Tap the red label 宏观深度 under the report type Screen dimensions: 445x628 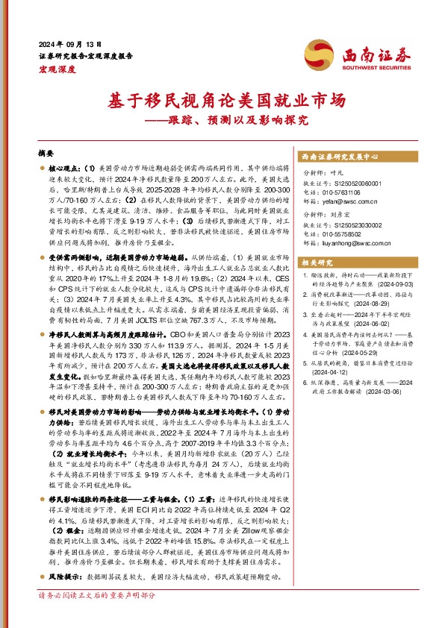[x=57, y=69]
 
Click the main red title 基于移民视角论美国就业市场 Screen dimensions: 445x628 [x=222, y=101]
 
